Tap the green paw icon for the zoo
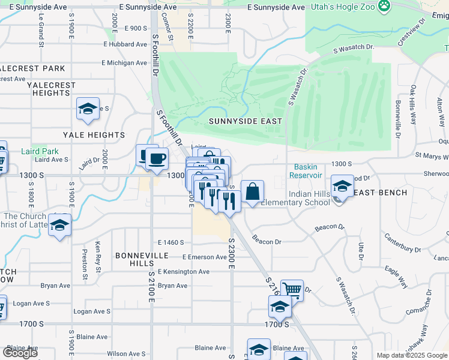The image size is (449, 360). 384,6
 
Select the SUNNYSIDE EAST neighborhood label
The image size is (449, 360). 245,121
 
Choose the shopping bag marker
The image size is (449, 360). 253,191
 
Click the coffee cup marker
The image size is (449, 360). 157,159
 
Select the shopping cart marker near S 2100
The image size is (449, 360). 292,290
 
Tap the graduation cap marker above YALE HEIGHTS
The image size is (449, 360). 88,109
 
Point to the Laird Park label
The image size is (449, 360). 40,152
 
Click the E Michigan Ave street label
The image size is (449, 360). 124,62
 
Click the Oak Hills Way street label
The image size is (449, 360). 414,105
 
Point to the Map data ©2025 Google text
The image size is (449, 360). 412,355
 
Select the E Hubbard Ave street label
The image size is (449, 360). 125,44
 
